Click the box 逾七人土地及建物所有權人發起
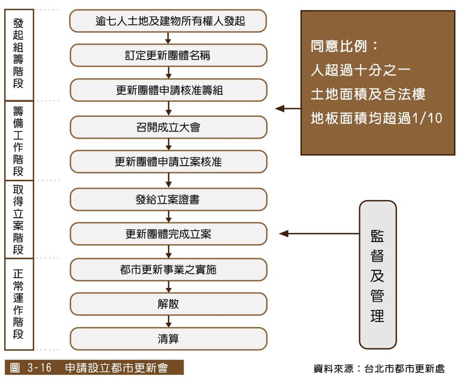pos(168,21)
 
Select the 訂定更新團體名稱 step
pos(168,55)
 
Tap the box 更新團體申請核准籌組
pos(168,90)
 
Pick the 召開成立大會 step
pos(168,127)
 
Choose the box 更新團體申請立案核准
pos(168,161)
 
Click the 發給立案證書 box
pos(168,200)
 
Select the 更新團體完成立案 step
pos(168,234)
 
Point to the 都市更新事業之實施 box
pos(168,270)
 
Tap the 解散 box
pos(168,304)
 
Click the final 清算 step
pos(168,339)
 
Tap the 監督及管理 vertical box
pos(378,275)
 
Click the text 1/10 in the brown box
pos(427,118)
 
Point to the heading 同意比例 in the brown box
pos(339,46)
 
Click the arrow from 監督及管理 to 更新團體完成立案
pos(319,234)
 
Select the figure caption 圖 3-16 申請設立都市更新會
pos(94,367)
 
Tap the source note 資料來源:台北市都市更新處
pos(379,368)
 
